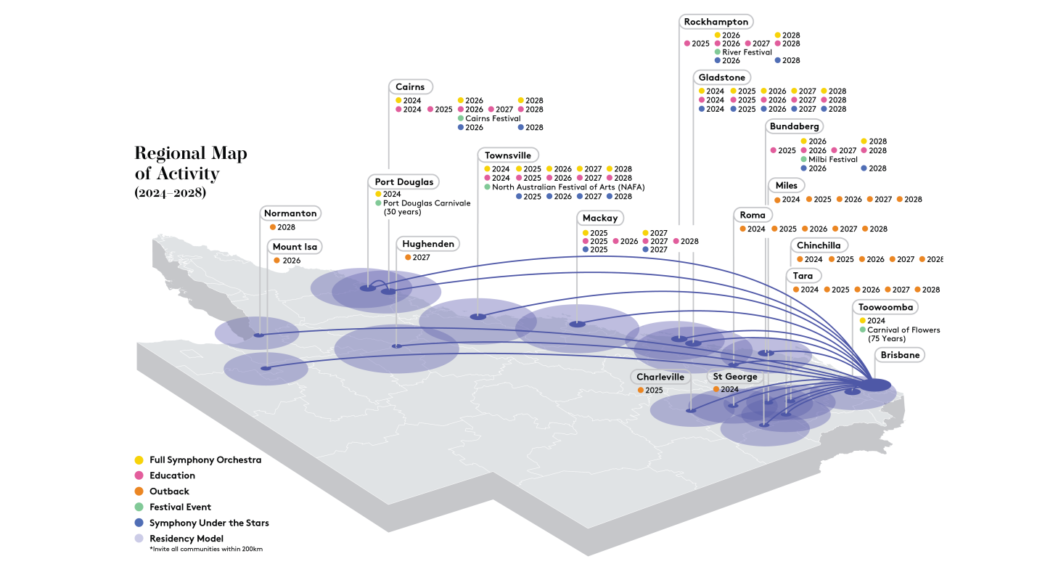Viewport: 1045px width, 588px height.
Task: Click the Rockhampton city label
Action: pos(716,22)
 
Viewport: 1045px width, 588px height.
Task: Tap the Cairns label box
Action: pos(411,87)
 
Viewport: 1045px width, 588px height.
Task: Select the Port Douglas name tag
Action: pos(404,182)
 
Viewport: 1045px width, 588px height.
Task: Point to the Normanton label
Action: pos(290,213)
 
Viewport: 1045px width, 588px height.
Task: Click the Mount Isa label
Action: pos(295,247)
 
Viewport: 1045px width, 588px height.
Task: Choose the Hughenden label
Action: pos(428,244)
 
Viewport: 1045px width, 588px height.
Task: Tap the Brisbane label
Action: pos(900,355)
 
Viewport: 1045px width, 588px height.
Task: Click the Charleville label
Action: pos(660,377)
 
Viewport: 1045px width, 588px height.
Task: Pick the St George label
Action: pos(734,377)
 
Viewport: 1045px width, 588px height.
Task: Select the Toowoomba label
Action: pos(885,307)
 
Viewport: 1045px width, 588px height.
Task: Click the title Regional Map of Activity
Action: pos(191,163)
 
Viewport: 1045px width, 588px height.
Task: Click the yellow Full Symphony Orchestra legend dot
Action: pos(139,460)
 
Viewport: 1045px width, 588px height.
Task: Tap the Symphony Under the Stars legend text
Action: pos(209,523)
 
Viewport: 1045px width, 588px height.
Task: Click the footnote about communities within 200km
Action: pos(206,550)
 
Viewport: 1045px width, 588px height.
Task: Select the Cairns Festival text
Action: pos(493,118)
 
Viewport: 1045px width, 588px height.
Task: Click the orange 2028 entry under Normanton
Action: pos(283,227)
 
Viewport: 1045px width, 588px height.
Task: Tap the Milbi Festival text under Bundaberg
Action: pos(833,160)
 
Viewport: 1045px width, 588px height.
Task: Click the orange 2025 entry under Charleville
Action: pos(650,390)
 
